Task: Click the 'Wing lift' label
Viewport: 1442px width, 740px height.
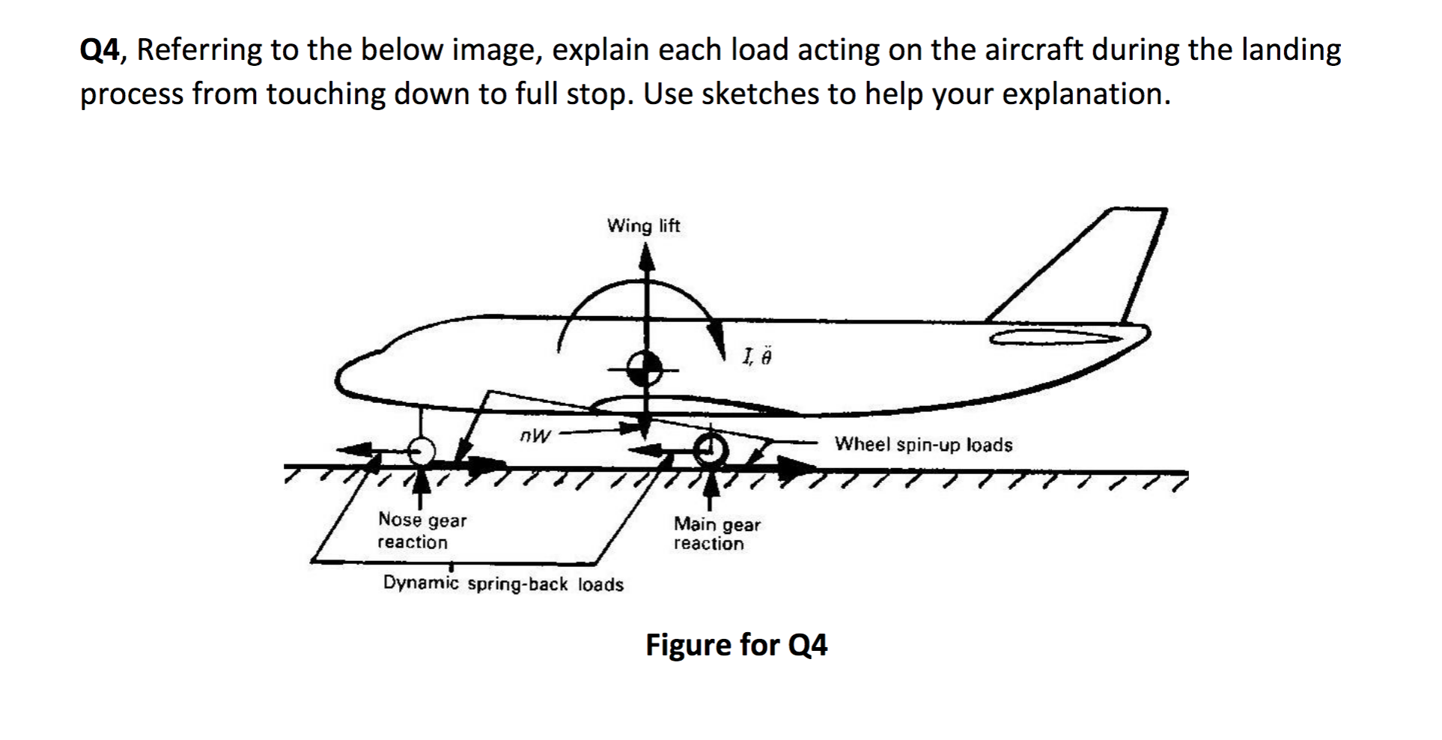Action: click(x=643, y=225)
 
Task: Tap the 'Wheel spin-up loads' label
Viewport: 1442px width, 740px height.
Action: click(x=923, y=445)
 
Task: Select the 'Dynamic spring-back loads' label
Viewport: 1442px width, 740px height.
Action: click(x=503, y=584)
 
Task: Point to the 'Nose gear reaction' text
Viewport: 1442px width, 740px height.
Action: click(x=422, y=531)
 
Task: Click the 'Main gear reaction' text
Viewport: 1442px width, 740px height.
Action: click(x=717, y=534)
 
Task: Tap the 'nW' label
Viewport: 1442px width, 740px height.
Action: click(x=535, y=434)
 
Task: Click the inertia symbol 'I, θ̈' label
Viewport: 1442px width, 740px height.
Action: click(x=755, y=357)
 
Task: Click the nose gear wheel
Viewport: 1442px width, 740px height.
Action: click(x=422, y=451)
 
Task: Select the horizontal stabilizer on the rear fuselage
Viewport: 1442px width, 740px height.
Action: click(x=1056, y=338)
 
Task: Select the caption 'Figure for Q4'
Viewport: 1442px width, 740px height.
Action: click(x=736, y=645)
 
